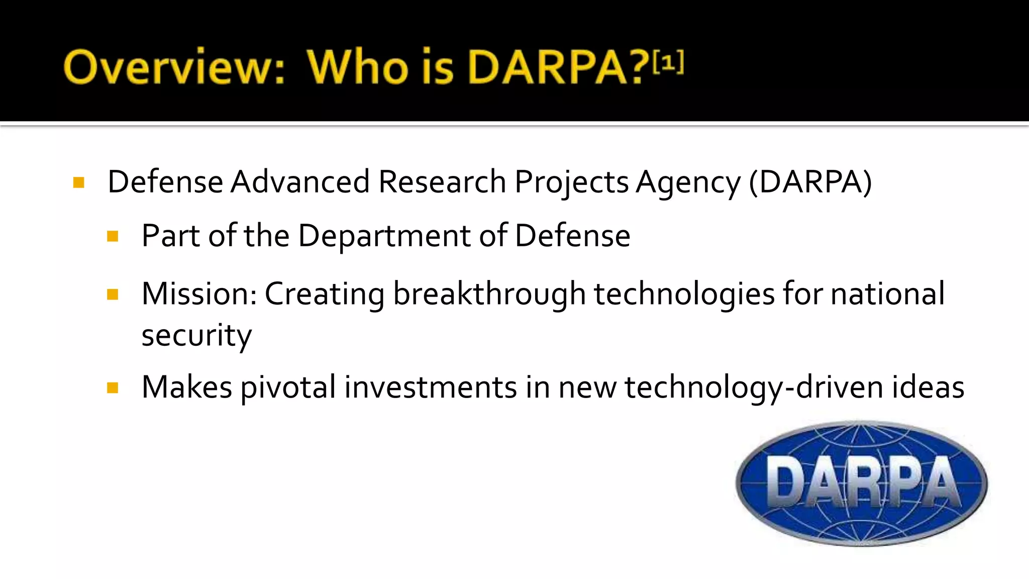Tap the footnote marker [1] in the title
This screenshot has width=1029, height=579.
click(668, 62)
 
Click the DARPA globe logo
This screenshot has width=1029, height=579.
click(861, 484)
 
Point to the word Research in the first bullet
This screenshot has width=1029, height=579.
click(442, 181)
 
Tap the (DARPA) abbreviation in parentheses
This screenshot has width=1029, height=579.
click(810, 181)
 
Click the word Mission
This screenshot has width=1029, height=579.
click(199, 294)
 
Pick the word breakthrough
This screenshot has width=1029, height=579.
click(489, 294)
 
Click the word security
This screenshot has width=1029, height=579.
click(196, 335)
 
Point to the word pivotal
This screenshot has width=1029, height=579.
click(288, 388)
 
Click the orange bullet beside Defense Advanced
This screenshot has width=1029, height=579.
click(78, 182)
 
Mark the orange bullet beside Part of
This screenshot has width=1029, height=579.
click(113, 236)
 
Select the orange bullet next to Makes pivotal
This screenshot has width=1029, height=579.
click(113, 388)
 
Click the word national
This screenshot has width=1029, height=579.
click(887, 294)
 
